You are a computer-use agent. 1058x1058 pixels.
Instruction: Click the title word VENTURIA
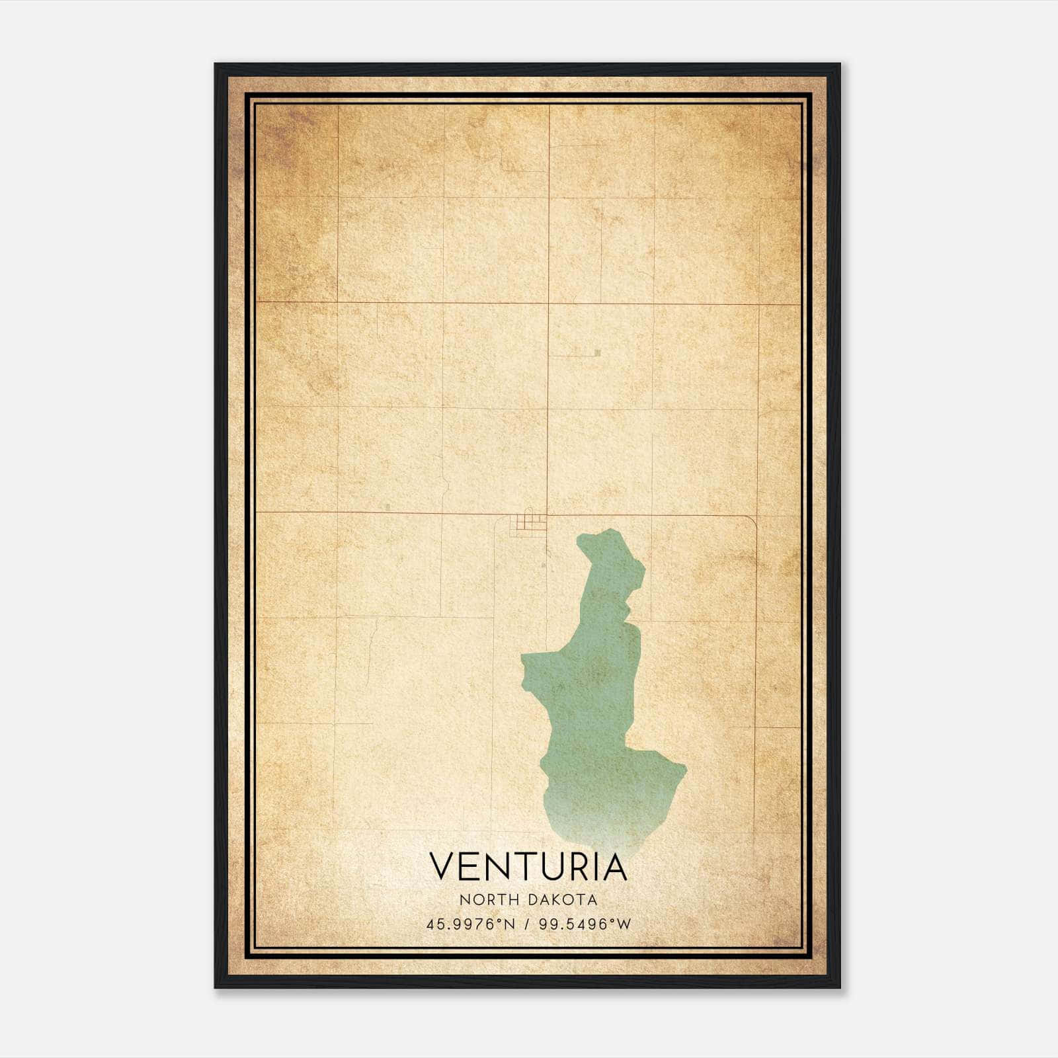[x=528, y=867]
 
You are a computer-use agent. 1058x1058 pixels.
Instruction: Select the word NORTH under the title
[x=485, y=900]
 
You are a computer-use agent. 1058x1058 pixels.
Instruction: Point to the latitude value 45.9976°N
[x=470, y=924]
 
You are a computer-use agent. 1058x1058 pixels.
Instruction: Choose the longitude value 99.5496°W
[x=585, y=924]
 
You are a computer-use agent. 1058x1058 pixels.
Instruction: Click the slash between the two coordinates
[x=527, y=924]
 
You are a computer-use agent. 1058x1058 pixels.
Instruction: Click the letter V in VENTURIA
[x=444, y=867]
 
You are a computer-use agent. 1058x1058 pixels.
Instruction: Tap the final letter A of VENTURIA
[x=614, y=867]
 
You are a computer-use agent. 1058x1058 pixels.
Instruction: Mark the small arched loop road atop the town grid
[x=527, y=514]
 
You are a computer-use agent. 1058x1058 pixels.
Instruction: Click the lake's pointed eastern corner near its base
[x=685, y=768]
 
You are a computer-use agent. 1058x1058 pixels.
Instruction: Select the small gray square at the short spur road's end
[x=597, y=353]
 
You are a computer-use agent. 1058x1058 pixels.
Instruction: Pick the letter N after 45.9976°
[x=509, y=924]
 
